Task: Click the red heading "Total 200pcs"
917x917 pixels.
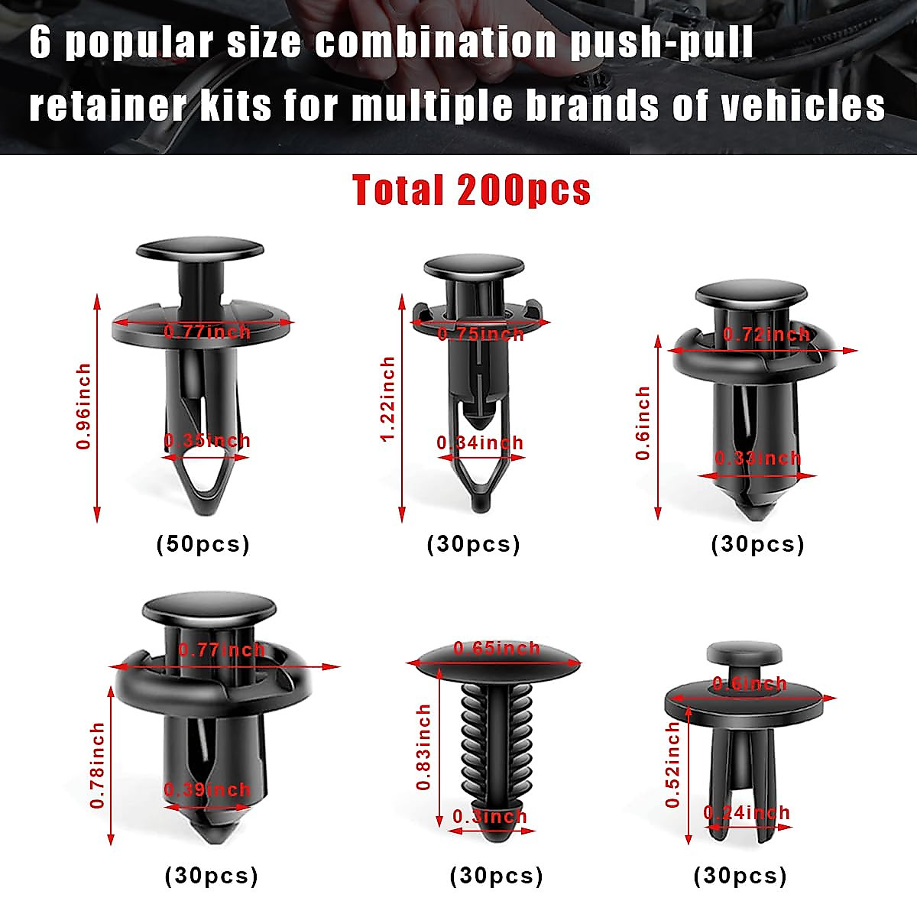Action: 471,190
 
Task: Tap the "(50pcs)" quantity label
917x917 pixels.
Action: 203,544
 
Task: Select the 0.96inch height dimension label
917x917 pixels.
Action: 83,406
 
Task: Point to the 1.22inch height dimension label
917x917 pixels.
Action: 388,398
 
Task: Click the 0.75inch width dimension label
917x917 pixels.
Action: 481,334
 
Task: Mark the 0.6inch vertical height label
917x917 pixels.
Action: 643,423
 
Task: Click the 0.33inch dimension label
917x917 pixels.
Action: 757,458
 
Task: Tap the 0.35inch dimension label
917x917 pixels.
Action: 207,441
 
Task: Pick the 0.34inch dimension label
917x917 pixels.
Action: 480,442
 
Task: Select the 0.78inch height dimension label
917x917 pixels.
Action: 98,766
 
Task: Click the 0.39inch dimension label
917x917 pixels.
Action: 207,789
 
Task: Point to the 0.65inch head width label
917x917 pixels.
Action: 497,649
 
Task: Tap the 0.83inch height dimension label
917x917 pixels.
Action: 424,747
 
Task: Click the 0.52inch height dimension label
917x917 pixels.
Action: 673,765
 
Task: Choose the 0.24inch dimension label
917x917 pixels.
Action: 747,812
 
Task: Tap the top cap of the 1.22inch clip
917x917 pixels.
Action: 474,268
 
